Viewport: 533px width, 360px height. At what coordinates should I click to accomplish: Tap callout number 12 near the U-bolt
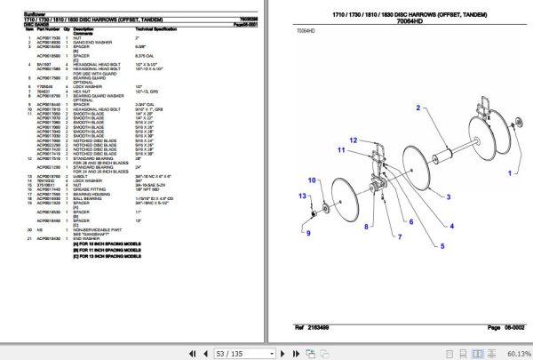(x=353, y=140)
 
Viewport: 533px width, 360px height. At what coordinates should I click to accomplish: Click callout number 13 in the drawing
(x=301, y=196)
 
